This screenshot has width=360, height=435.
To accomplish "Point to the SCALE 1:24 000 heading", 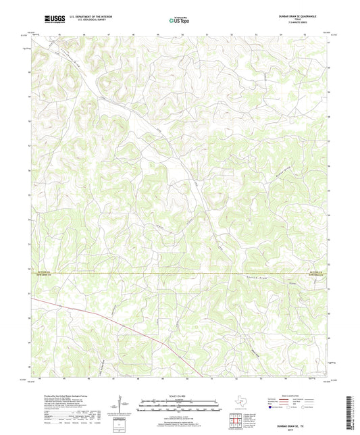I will [179, 396].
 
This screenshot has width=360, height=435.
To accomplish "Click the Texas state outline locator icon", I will [241, 401].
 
